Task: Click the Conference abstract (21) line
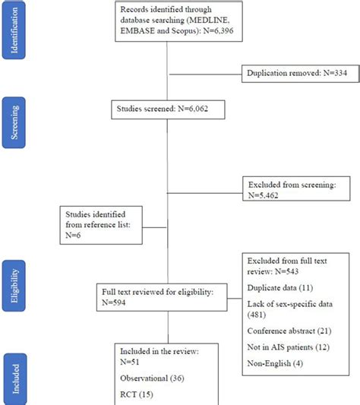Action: (289, 331)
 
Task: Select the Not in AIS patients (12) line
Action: (287, 348)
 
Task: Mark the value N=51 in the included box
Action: (130, 361)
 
